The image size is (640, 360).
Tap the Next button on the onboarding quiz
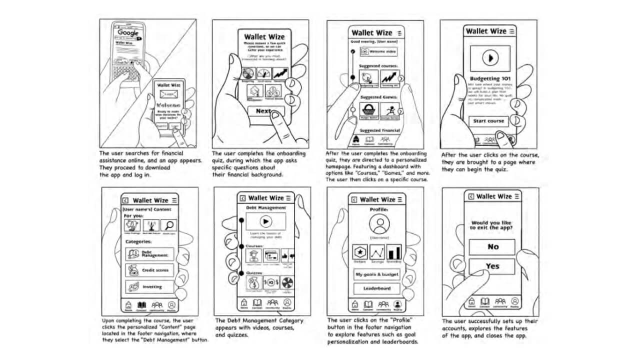pyautogui.click(x=263, y=111)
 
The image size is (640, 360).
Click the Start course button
pyautogui.click(x=488, y=121)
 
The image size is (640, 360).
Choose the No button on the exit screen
pyautogui.click(x=492, y=246)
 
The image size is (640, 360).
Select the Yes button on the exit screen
pyautogui.click(x=492, y=266)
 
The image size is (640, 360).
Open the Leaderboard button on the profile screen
pyautogui.click(x=377, y=288)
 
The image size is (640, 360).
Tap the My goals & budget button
pyautogui.click(x=377, y=274)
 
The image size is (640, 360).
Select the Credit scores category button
pyautogui.click(x=150, y=270)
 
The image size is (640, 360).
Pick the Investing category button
pyautogui.click(x=150, y=287)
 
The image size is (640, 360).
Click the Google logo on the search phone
pyautogui.click(x=128, y=33)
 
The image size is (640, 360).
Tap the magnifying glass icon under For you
pyautogui.click(x=168, y=225)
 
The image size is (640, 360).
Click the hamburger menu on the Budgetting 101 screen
pyautogui.click(x=511, y=31)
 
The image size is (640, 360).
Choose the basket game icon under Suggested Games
pyautogui.click(x=369, y=109)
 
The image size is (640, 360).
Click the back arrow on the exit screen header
pyautogui.click(x=470, y=196)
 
